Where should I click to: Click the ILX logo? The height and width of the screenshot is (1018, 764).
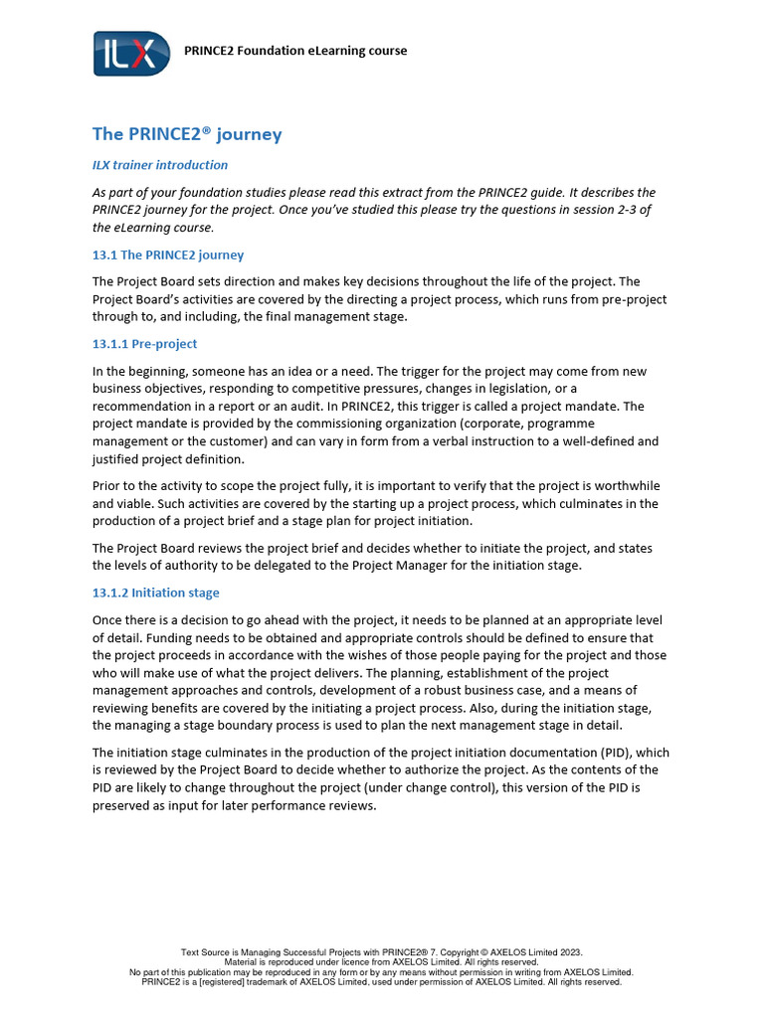pos(124,53)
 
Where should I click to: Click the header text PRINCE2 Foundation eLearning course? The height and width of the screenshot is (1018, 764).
pos(295,51)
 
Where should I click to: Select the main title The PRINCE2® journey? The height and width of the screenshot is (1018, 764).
pos(187,134)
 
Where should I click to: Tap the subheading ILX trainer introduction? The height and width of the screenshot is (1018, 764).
pos(160,165)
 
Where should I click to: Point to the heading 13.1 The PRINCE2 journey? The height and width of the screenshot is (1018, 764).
pos(168,254)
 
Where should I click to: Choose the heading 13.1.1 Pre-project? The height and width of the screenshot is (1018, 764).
pos(145,344)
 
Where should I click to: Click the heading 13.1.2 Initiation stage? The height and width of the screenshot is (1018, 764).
pos(155,593)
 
